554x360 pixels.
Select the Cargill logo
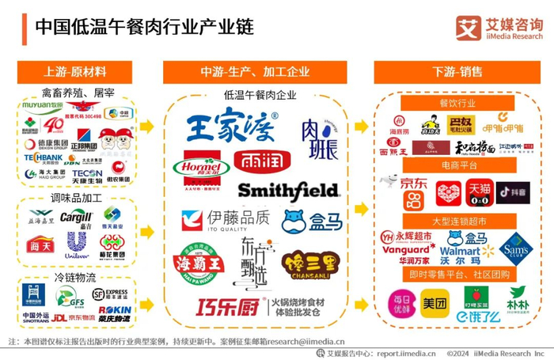tap(77, 218)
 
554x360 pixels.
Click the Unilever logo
tap(77, 243)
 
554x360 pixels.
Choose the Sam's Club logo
tap(515, 248)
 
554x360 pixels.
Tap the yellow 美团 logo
tap(434, 303)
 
